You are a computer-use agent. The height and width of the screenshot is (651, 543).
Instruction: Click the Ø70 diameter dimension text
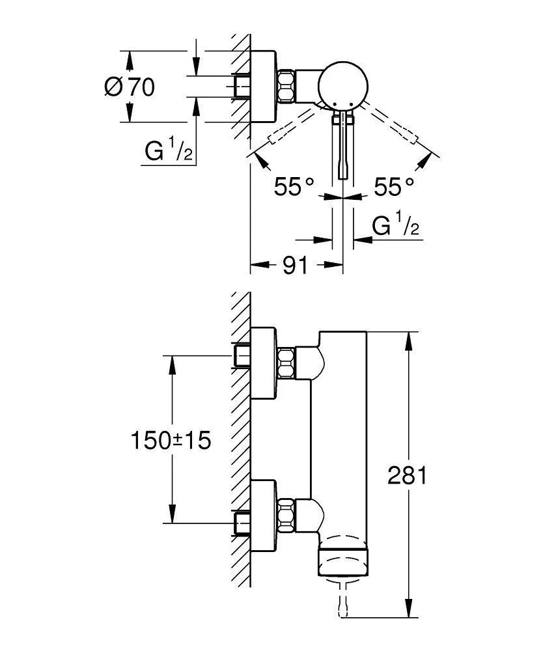click(x=130, y=87)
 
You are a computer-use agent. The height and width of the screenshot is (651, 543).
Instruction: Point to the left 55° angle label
click(x=294, y=187)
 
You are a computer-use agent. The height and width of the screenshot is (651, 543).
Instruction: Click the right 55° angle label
click(x=394, y=187)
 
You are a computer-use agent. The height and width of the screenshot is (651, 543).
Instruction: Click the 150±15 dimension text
click(x=171, y=441)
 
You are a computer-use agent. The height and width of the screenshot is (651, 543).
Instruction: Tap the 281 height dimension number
click(x=407, y=476)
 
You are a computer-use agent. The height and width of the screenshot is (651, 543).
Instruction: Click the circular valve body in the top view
click(x=342, y=85)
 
